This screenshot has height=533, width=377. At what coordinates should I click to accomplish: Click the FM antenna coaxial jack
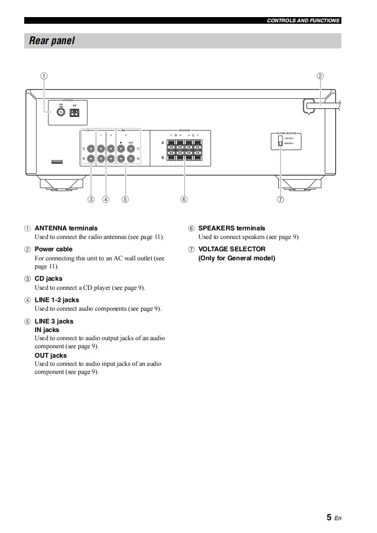pos(61,113)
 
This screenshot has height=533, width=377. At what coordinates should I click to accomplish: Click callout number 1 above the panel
pos(44,76)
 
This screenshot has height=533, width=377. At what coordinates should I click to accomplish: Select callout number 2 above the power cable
pos(320,76)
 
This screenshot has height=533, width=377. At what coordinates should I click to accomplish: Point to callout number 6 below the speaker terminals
pos(184,200)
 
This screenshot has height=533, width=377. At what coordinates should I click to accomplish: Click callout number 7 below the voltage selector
pos(281,200)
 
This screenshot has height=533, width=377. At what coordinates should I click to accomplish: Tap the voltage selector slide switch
pos(281,141)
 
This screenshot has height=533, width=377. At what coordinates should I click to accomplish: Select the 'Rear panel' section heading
pos(52,41)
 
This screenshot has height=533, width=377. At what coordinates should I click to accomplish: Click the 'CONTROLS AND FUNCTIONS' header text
pos(303,20)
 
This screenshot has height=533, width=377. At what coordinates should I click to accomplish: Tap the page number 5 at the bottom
pos(329,517)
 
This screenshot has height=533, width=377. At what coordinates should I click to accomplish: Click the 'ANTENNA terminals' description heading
pos(66,228)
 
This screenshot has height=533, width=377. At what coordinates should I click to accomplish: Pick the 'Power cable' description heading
pos(54,249)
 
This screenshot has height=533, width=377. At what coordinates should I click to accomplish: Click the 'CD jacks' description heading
pos(48,278)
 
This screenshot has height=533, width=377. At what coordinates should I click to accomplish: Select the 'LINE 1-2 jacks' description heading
pos(57,300)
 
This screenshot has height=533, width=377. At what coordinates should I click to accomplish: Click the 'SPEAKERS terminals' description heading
pos(232,228)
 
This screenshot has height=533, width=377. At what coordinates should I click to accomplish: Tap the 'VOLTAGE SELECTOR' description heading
pos(232,249)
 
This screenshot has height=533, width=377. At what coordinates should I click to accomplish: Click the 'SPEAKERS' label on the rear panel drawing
pos(184,130)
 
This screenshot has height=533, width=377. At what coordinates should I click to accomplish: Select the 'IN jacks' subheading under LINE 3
pos(47,330)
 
